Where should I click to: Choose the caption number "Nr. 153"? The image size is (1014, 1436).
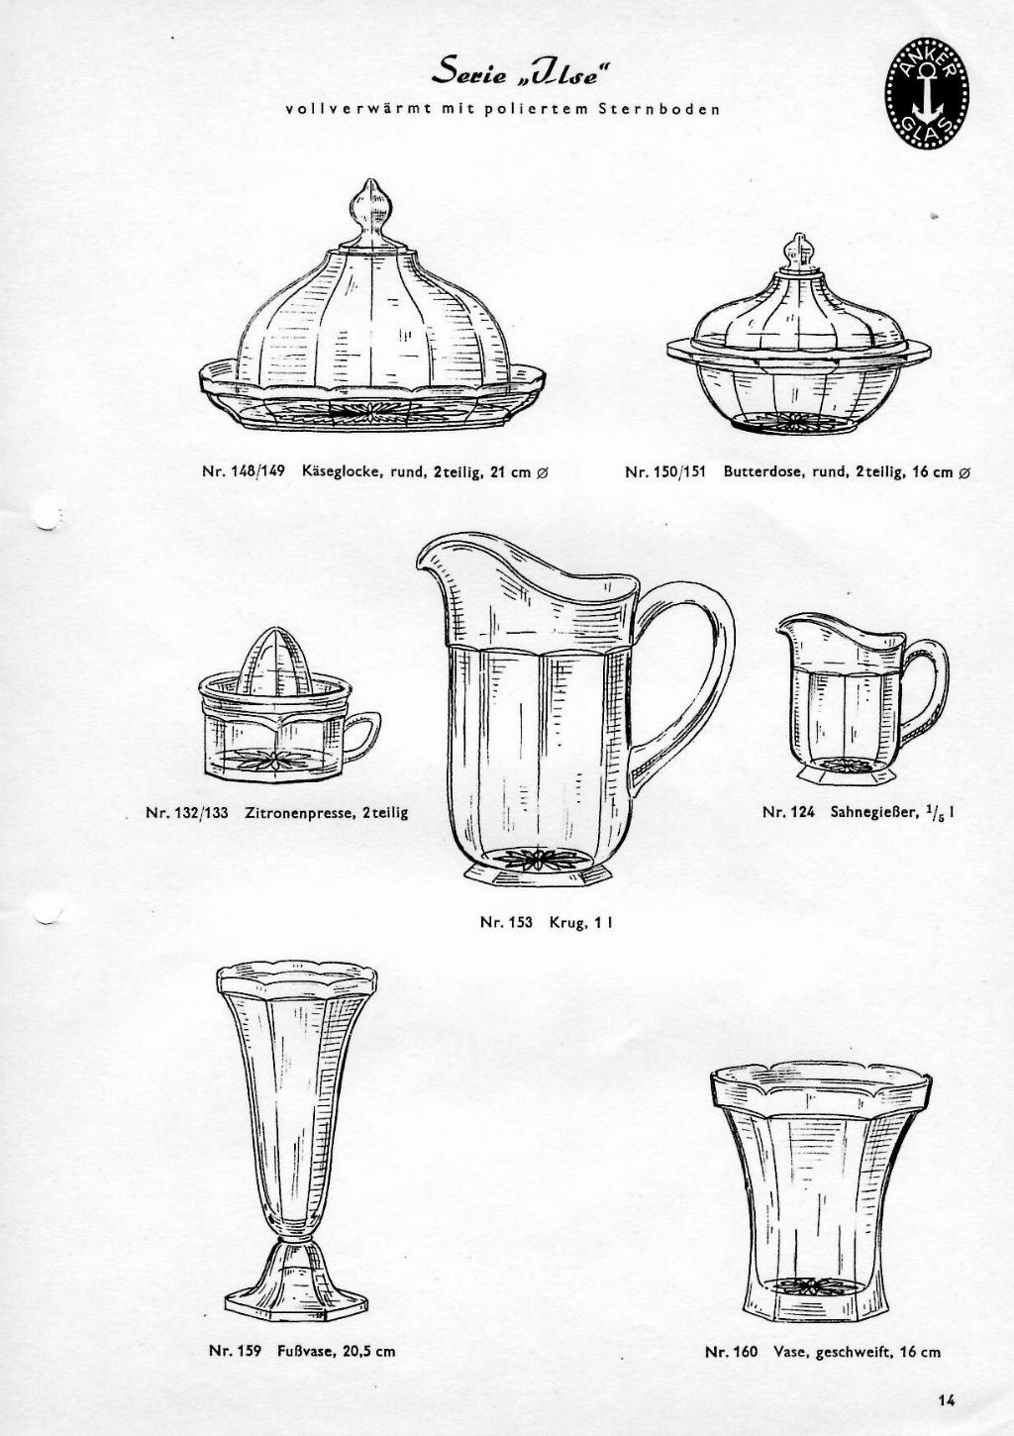(x=506, y=922)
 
